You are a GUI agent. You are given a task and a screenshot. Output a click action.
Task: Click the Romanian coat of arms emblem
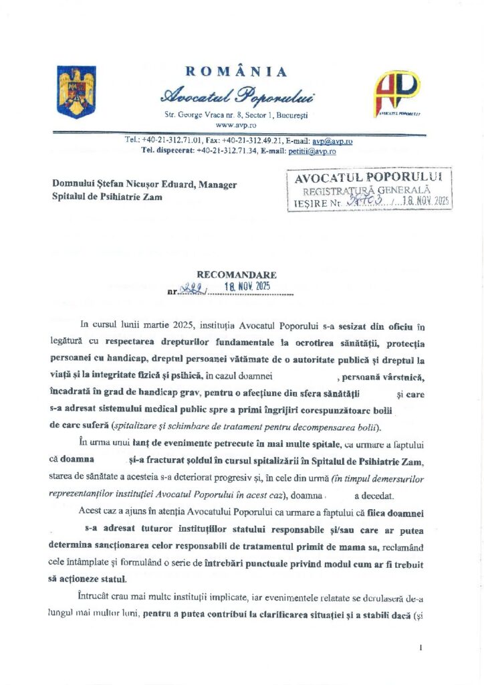pos(76,92)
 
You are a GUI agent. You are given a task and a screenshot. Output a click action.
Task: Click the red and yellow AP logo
pos(396,93)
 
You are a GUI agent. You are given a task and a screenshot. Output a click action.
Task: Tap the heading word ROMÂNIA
pos(236,72)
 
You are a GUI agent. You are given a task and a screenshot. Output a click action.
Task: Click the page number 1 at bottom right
pos(421,648)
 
